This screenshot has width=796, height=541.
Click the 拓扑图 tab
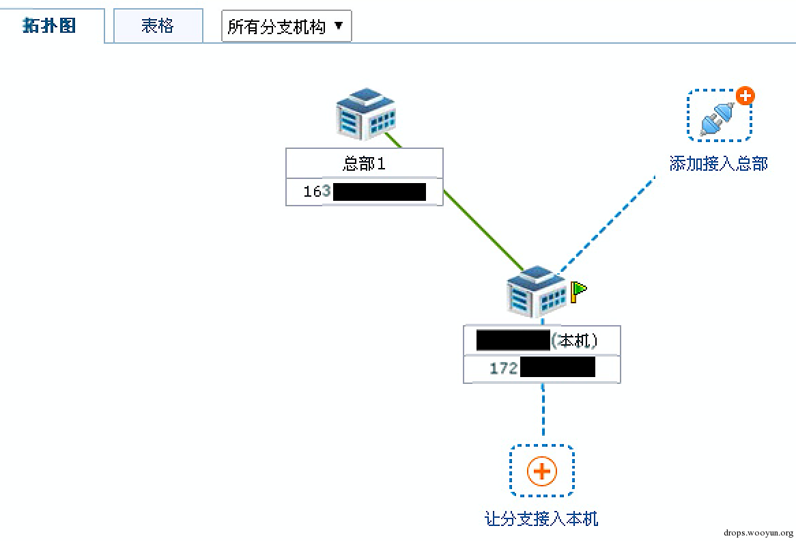(49, 26)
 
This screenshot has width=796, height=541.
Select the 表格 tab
(158, 26)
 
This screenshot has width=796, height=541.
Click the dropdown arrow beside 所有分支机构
(339, 27)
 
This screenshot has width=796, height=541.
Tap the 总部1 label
(364, 164)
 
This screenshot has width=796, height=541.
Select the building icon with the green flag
(536, 292)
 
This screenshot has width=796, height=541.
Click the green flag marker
(578, 291)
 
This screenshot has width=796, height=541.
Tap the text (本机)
(577, 340)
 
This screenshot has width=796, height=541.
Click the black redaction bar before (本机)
(513, 340)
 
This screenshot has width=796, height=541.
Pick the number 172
(504, 369)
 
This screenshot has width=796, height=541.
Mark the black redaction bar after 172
(557, 369)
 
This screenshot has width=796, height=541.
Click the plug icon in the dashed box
(717, 117)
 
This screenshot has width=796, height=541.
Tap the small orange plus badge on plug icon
(745, 96)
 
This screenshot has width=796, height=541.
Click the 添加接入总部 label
(718, 164)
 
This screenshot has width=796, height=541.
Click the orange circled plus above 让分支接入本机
(542, 471)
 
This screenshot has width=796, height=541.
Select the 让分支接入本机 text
(541, 519)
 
